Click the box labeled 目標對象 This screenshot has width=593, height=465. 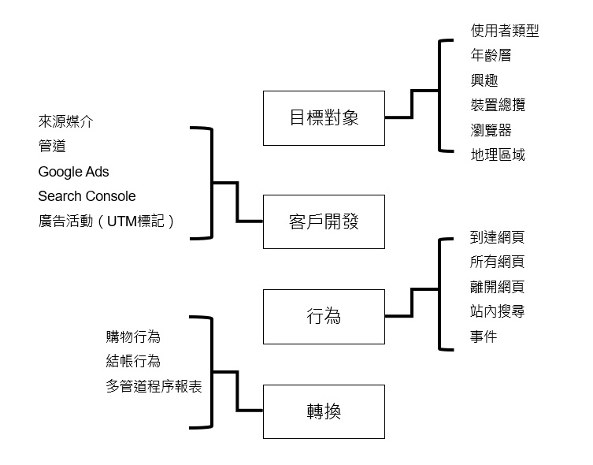pos(324,118)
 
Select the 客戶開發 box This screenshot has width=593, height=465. pos(324,221)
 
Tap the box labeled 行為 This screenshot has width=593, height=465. pos(324,317)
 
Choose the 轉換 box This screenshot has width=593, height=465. pos(324,411)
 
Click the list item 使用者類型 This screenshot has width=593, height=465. pos(505,31)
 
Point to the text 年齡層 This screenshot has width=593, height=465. pos(491,55)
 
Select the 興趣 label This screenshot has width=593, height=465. pos(484,80)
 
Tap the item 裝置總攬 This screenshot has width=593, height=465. pos(498,105)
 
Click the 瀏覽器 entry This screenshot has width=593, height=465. pos(491,129)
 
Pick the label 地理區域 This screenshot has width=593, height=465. pos(498,154)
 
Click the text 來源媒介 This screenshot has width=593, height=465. pos(65,121)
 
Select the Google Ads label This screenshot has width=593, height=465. pos(74,171)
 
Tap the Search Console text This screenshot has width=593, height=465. pos(87,196)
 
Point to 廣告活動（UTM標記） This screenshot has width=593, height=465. pos(106,221)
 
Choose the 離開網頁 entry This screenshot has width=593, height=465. pos(497,287)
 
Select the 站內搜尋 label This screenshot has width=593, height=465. pos(497,312)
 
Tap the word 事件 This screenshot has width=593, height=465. pos(484,337)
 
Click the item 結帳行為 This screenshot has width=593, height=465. pos(133,361)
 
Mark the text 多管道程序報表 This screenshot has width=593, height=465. pos(153,386)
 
